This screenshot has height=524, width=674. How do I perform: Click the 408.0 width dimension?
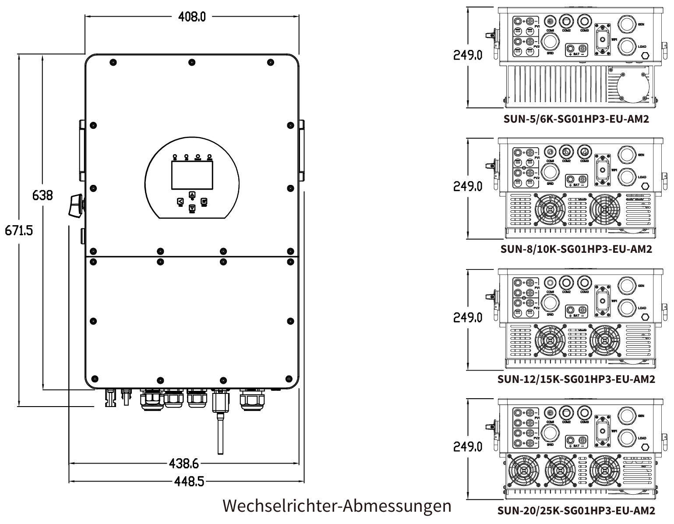(192, 17)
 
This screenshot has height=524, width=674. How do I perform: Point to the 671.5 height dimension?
(19, 230)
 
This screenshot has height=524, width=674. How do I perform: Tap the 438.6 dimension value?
(184, 463)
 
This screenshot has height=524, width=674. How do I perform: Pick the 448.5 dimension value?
(189, 482)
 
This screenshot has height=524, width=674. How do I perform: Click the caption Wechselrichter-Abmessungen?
(337, 506)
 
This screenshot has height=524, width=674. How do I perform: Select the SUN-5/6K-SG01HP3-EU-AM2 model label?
(576, 119)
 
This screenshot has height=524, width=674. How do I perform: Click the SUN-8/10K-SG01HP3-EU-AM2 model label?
(576, 249)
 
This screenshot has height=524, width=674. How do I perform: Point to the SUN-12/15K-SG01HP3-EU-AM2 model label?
(576, 379)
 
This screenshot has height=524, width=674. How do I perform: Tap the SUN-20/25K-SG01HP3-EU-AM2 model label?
(576, 510)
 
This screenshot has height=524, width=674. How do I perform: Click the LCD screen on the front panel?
(192, 175)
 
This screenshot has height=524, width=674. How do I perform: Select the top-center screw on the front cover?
(192, 62)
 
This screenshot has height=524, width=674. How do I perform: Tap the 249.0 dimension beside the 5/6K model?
(468, 56)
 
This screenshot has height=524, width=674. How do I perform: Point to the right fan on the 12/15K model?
(605, 340)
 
